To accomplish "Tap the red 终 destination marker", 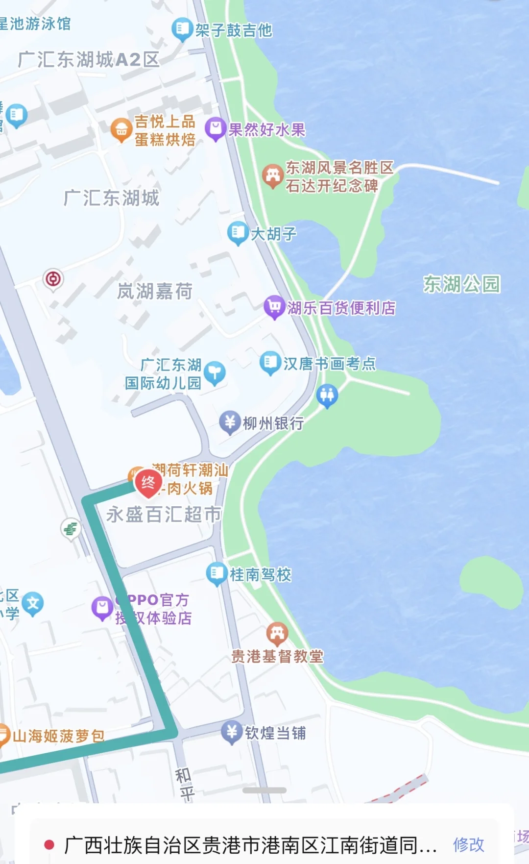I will [x=148, y=483].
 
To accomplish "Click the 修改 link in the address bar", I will [x=468, y=844].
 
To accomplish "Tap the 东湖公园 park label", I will [x=461, y=284].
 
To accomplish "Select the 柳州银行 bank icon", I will [x=229, y=422].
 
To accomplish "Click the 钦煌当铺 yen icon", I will [x=231, y=732].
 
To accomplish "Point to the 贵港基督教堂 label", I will [x=277, y=656].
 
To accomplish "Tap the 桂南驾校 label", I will [x=261, y=574].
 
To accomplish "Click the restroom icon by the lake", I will [x=327, y=395].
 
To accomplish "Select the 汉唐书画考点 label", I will [x=329, y=364].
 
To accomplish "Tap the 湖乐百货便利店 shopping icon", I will [x=274, y=307].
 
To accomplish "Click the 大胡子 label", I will [x=273, y=234].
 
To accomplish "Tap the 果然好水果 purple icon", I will [x=215, y=129].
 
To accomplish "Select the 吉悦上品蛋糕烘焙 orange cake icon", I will [x=121, y=130].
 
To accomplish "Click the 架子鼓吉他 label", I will [x=234, y=30].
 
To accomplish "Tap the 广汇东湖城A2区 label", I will [x=89, y=60].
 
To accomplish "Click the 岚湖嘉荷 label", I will [x=155, y=291].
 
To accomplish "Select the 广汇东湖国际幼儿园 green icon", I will [x=214, y=373].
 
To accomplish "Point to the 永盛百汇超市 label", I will [x=164, y=514].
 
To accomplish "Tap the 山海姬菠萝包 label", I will [x=58, y=736].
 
